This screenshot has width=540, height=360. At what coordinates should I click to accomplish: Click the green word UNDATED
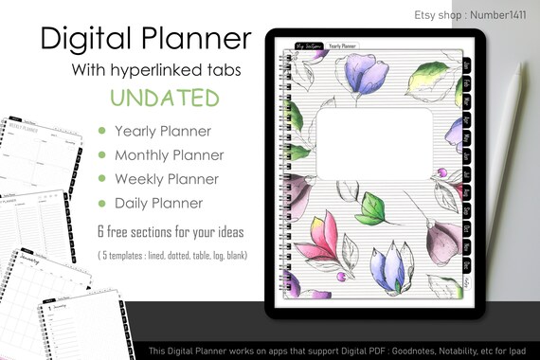(x=165, y=98)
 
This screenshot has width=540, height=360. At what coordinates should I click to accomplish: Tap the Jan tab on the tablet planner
(x=467, y=65)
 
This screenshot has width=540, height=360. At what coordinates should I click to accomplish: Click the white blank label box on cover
(x=372, y=143)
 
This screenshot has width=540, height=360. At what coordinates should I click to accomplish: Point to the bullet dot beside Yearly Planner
(x=101, y=131)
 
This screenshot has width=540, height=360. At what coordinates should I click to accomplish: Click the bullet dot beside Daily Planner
(x=101, y=202)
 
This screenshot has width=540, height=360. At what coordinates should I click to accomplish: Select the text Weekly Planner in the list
(x=166, y=178)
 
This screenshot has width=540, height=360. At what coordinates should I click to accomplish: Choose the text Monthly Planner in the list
(x=170, y=154)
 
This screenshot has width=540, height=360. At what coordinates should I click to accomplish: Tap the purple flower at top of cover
(x=369, y=73)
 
